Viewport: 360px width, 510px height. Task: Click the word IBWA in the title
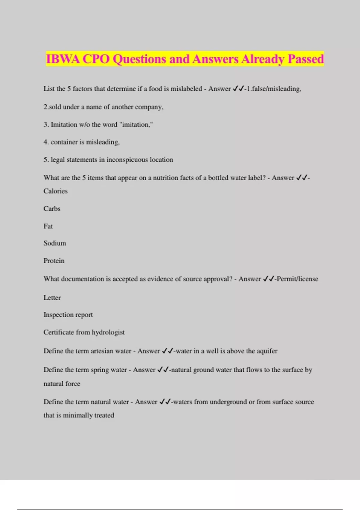(63, 59)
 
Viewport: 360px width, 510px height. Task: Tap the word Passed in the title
(306, 59)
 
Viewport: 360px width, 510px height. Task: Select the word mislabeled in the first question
(186, 89)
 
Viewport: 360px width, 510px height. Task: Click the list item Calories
(55, 191)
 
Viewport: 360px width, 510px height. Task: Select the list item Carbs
(52, 208)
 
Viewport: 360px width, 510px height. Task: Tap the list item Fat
(48, 226)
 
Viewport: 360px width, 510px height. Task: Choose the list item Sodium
(55, 243)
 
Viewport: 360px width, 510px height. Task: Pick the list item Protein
(54, 261)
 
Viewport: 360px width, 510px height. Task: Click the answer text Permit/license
(297, 279)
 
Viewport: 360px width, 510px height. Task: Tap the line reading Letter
(52, 298)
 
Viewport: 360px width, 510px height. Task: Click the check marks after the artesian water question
(167, 351)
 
